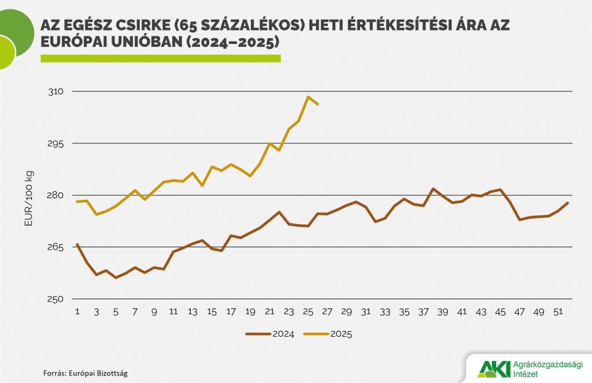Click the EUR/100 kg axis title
pos(29,195)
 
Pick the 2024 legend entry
pos(270,333)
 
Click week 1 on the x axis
pos(77,312)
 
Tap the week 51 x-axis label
pos(557,312)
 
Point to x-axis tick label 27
pos(327,312)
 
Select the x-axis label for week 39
pos(442,312)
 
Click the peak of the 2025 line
pos(308,96)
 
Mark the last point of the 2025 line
pos(318,104)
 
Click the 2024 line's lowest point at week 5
pos(116,278)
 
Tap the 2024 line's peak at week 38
pos(433,188)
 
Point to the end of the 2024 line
pos(568,203)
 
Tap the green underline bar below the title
pos(160,58)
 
